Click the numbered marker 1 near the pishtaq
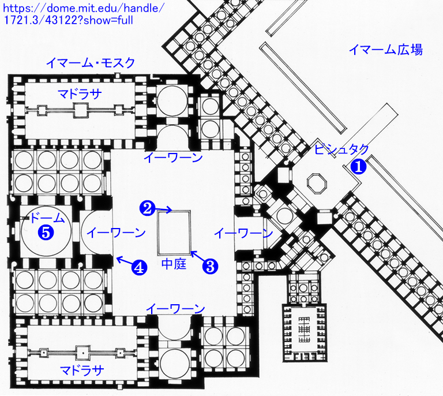358,166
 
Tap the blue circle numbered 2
147,208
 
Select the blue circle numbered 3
210,266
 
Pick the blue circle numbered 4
139,267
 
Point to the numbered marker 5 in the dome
46,233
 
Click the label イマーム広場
386,50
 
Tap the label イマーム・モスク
91,63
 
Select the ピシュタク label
341,150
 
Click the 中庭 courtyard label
174,264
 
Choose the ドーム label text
47,218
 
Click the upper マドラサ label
80,94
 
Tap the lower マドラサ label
82,370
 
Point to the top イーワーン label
173,157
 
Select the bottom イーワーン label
175,309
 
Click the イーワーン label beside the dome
116,233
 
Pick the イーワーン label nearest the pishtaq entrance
243,233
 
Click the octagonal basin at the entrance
317,184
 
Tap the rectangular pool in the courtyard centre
174,232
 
